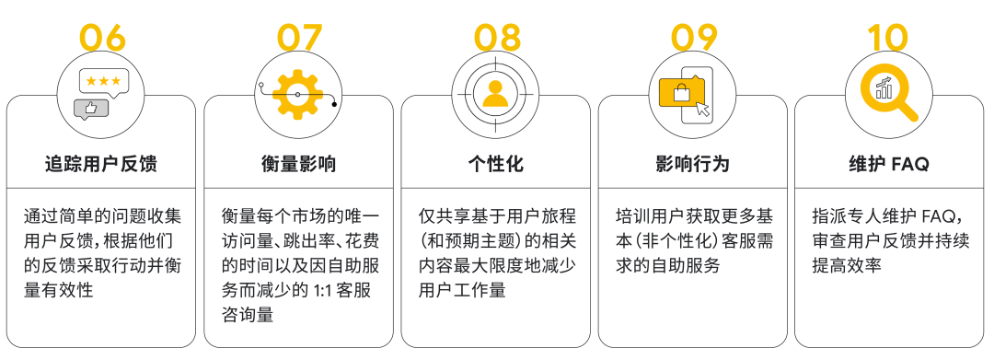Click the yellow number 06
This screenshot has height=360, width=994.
click(x=102, y=38)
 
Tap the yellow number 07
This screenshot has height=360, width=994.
click(x=300, y=38)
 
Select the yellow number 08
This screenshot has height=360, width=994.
click(x=497, y=38)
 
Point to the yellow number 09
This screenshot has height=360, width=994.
click(x=694, y=38)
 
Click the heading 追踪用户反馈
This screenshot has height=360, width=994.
click(x=101, y=165)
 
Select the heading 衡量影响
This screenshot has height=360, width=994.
click(x=299, y=165)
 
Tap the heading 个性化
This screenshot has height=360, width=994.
click(x=496, y=165)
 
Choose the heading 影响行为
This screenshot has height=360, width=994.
click(x=693, y=165)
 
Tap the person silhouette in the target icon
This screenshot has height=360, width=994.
click(x=496, y=92)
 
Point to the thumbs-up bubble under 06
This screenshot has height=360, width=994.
click(x=91, y=109)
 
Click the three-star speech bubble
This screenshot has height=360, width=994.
click(x=103, y=81)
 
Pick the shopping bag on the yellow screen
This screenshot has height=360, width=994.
click(x=682, y=92)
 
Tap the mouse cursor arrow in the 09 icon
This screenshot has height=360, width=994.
click(x=704, y=108)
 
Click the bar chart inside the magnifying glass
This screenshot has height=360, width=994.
click(x=884, y=88)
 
